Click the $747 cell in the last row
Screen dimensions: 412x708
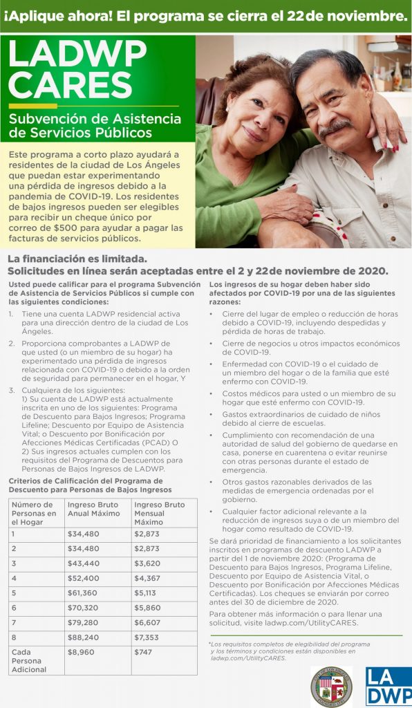tap(142, 651)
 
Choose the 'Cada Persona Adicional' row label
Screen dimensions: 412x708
tap(29, 660)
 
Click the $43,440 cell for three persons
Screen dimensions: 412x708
tap(82, 563)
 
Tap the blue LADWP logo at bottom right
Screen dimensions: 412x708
tap(388, 686)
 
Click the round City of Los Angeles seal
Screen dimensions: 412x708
tap(330, 686)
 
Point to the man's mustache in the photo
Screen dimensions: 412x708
tap(335, 127)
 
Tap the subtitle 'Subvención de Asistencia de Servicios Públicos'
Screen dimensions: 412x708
tap(95, 125)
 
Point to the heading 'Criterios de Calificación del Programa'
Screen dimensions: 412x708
tap(86, 481)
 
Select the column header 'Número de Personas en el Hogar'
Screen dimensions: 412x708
tap(34, 513)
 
